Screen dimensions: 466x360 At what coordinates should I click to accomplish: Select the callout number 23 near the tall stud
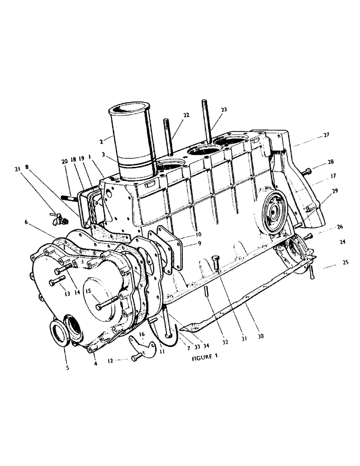224,110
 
